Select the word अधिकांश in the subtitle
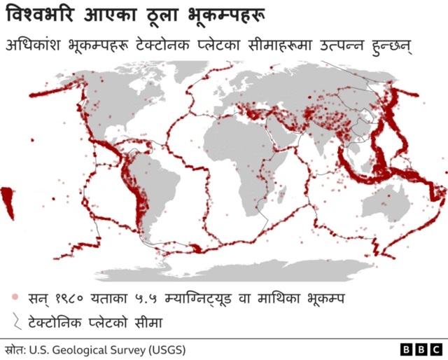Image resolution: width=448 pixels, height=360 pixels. click(x=34, y=45)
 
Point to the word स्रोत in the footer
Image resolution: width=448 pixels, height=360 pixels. click(x=14, y=348)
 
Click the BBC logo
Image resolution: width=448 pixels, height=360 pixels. click(x=421, y=349)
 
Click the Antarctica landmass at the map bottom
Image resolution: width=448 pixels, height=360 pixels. click(x=280, y=270)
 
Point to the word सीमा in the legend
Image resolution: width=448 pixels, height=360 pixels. click(x=148, y=323)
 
